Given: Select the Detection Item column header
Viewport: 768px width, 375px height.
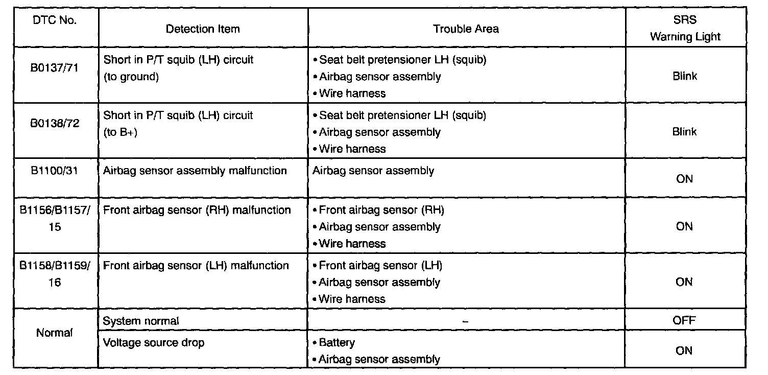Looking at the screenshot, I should pyautogui.click(x=203, y=29).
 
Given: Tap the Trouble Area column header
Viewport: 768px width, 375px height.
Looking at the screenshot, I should pyautogui.click(x=466, y=29).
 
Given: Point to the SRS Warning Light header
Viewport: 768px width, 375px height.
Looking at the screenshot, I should pyautogui.click(x=685, y=29).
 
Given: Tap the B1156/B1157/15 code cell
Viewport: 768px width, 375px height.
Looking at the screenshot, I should pyautogui.click(x=54, y=218).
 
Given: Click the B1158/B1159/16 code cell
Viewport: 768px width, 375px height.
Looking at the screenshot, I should pyautogui.click(x=54, y=274).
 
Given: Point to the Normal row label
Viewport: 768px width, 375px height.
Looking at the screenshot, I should pyautogui.click(x=54, y=333).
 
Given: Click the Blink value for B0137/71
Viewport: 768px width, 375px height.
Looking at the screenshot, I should pyautogui.click(x=685, y=76).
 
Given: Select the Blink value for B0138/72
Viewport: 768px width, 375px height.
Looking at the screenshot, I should pyautogui.click(x=685, y=132).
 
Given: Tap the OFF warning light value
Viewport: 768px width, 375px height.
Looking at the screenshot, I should pyautogui.click(x=685, y=321).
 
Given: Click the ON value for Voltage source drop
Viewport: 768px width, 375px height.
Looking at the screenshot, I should pyautogui.click(x=685, y=350).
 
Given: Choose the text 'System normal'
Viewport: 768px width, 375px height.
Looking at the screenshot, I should pyautogui.click(x=141, y=321).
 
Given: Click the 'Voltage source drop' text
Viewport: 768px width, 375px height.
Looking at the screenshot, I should pyautogui.click(x=153, y=342).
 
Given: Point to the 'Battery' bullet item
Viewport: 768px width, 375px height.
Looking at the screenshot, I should pyautogui.click(x=337, y=342).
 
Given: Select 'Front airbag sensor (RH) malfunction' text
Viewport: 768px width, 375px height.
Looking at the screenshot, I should pyautogui.click(x=197, y=210).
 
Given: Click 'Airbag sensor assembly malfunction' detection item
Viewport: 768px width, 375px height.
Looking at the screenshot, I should pyautogui.click(x=195, y=171).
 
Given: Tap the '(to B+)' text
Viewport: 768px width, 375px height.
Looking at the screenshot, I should pyautogui.click(x=120, y=132).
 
